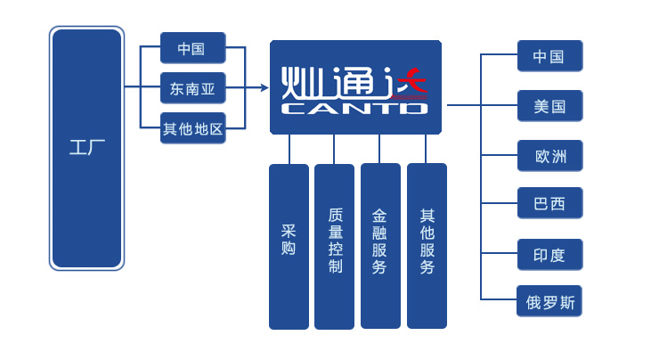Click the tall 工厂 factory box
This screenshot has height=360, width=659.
[86, 148]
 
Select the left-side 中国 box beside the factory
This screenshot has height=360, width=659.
[192, 48]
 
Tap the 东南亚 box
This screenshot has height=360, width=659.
[192, 88]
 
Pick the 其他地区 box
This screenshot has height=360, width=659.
[192, 129]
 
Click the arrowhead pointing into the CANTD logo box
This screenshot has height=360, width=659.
[264, 87]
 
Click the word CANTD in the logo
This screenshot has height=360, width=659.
[354, 109]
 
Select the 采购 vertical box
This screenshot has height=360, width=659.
[289, 246]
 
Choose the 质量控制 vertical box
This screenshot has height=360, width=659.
[334, 246]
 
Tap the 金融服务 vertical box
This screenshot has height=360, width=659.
[380, 246]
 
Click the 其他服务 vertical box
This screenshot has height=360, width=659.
[427, 246]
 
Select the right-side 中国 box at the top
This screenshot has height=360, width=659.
[549, 56]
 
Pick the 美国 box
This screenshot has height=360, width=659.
[549, 106]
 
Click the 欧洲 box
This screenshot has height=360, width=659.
[549, 156]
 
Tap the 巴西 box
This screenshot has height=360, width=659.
[549, 203]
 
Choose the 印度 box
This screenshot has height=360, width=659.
[549, 255]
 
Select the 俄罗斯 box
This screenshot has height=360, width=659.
[549, 301]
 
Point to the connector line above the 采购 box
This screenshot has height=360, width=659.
[289, 149]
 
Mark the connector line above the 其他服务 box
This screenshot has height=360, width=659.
[426, 149]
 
